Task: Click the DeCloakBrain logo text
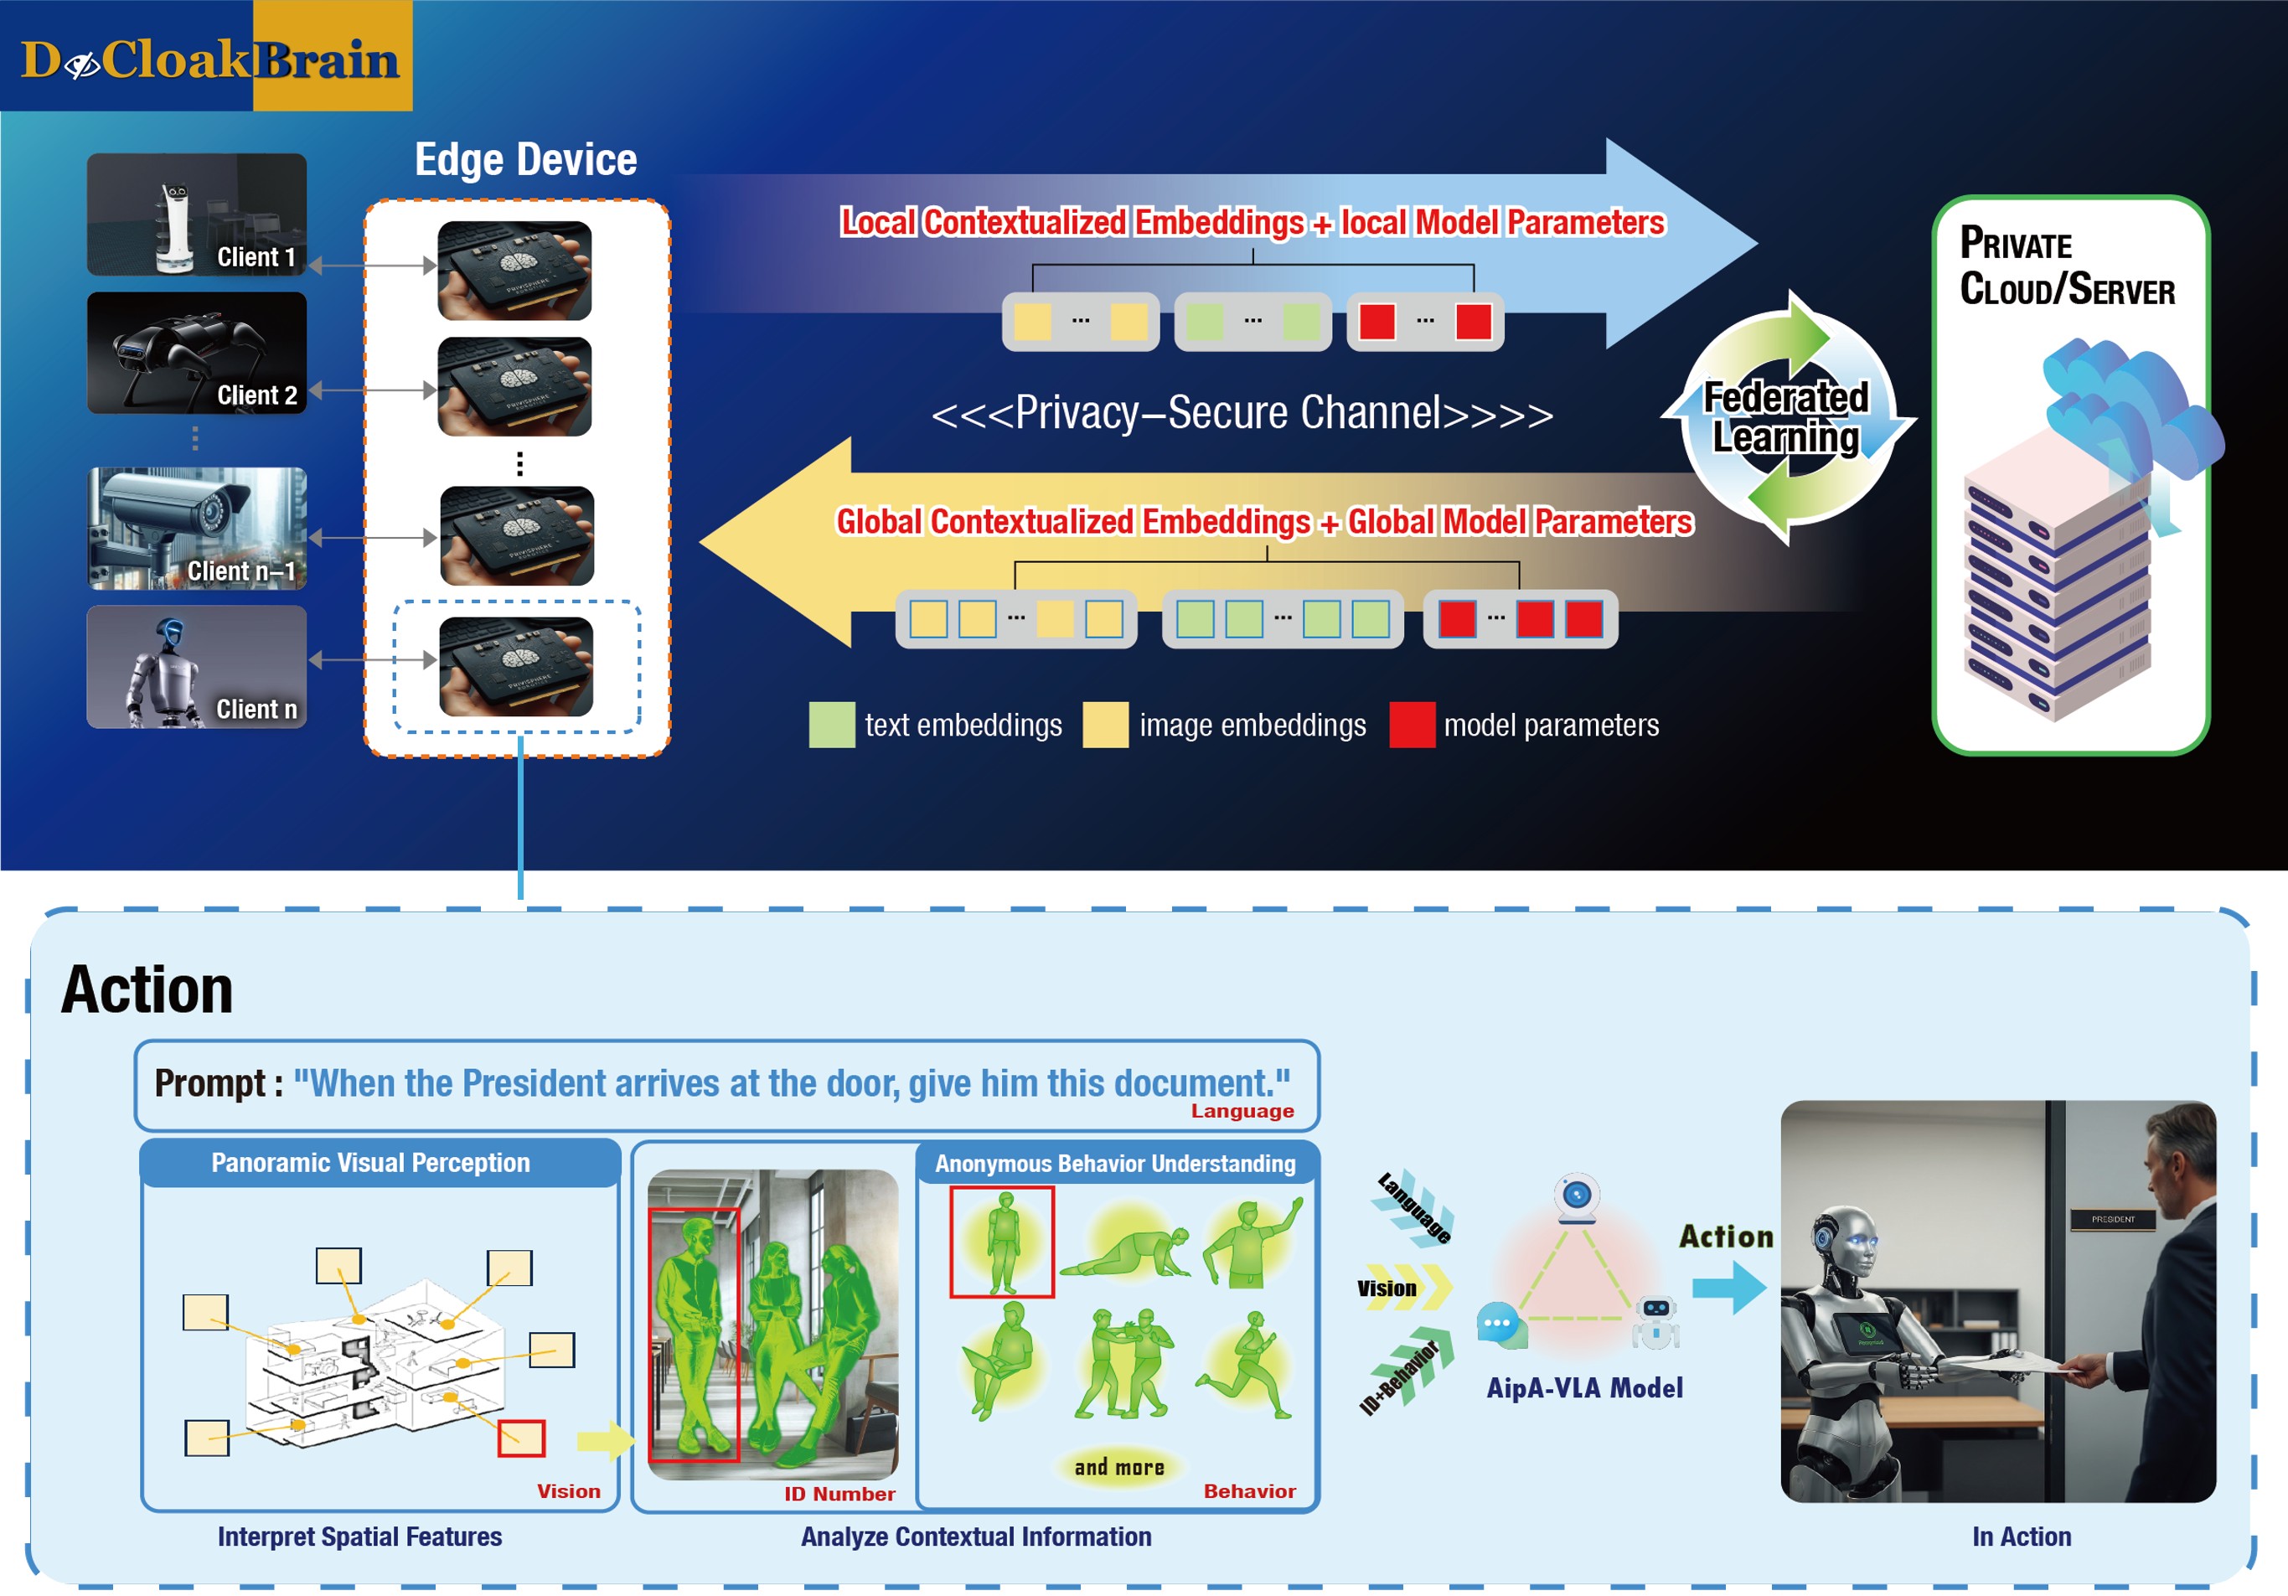(209, 59)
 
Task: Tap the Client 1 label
(256, 257)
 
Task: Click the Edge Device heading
(525, 159)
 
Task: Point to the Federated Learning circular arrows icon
(1788, 417)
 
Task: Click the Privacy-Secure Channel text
(1242, 412)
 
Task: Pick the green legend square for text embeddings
(832, 725)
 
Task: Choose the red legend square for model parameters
(1411, 725)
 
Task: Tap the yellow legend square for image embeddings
(1105, 725)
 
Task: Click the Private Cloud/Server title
(2066, 266)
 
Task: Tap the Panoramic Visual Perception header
(370, 1163)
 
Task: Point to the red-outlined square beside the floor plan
(521, 1438)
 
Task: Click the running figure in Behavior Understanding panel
(1247, 1365)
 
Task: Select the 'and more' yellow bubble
(1119, 1466)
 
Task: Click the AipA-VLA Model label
(1583, 1387)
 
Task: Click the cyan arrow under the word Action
(1729, 1287)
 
